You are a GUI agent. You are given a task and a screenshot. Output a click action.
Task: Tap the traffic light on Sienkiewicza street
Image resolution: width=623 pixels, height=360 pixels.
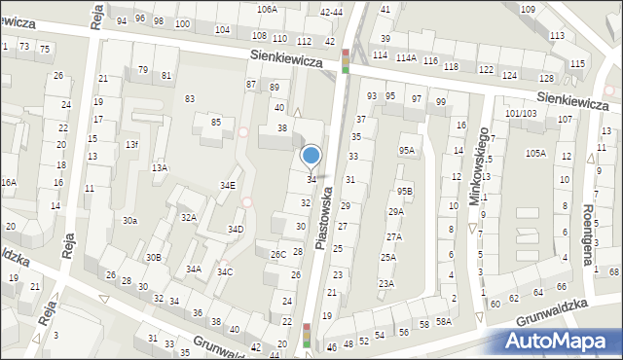pos(346,60)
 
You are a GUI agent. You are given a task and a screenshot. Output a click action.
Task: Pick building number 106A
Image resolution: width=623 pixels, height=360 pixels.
pos(267,9)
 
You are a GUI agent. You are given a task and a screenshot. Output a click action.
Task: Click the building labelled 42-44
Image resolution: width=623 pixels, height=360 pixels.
pos(331,12)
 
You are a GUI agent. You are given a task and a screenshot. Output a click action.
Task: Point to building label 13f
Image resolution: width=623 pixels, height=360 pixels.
pos(131,145)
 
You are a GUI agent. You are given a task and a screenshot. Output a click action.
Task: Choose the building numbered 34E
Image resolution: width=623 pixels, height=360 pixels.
pos(227,185)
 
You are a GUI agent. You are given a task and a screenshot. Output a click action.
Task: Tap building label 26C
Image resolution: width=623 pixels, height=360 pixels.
pos(278,255)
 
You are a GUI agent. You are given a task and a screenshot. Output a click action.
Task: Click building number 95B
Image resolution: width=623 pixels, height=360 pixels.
pos(405,191)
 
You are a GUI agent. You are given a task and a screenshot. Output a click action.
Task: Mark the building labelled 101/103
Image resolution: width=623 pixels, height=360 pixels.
pos(521,113)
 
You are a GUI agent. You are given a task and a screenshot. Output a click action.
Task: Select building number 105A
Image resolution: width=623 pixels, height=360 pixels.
pos(535,154)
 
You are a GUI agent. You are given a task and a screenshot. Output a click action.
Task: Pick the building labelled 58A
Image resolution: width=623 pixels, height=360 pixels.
pos(444,322)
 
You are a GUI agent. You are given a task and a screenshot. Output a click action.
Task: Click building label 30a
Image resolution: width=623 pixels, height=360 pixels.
pos(129,221)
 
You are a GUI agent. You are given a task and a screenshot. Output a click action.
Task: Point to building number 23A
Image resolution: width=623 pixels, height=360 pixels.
pos(386,283)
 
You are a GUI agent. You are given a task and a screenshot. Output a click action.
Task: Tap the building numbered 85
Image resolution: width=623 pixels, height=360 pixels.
pos(216,122)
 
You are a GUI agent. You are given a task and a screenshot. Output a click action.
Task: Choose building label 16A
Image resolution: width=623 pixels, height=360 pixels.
pos(8,183)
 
